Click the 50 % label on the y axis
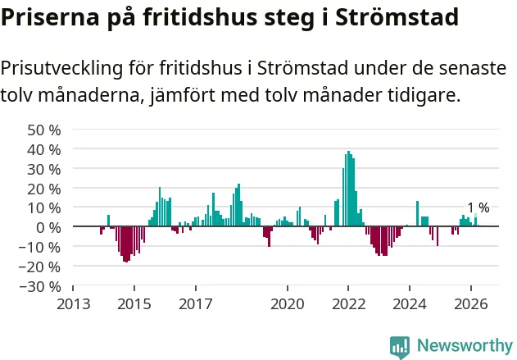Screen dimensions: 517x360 [44, 130]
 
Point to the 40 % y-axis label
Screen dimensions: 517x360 [44, 150]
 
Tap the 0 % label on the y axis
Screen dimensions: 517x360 [49, 228]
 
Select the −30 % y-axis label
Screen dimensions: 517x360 [40, 286]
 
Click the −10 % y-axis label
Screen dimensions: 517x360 [40, 247]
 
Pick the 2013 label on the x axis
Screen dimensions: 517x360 [73, 304]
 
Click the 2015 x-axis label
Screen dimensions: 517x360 [134, 304]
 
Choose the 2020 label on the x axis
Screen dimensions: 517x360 [288, 304]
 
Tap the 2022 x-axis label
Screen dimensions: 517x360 [348, 304]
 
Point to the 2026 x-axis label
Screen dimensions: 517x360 [471, 304]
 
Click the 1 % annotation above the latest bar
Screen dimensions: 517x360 [478, 208]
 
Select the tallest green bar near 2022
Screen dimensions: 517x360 [348, 189]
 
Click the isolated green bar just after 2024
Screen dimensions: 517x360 [417, 213]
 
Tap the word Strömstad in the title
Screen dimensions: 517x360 [397, 17]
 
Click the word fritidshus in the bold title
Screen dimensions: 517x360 [200, 17]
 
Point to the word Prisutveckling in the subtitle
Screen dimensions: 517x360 [61, 69]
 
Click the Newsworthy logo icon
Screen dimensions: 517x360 [400, 348]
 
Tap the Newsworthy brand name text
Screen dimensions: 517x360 [465, 346]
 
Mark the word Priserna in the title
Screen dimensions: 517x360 [50, 17]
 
